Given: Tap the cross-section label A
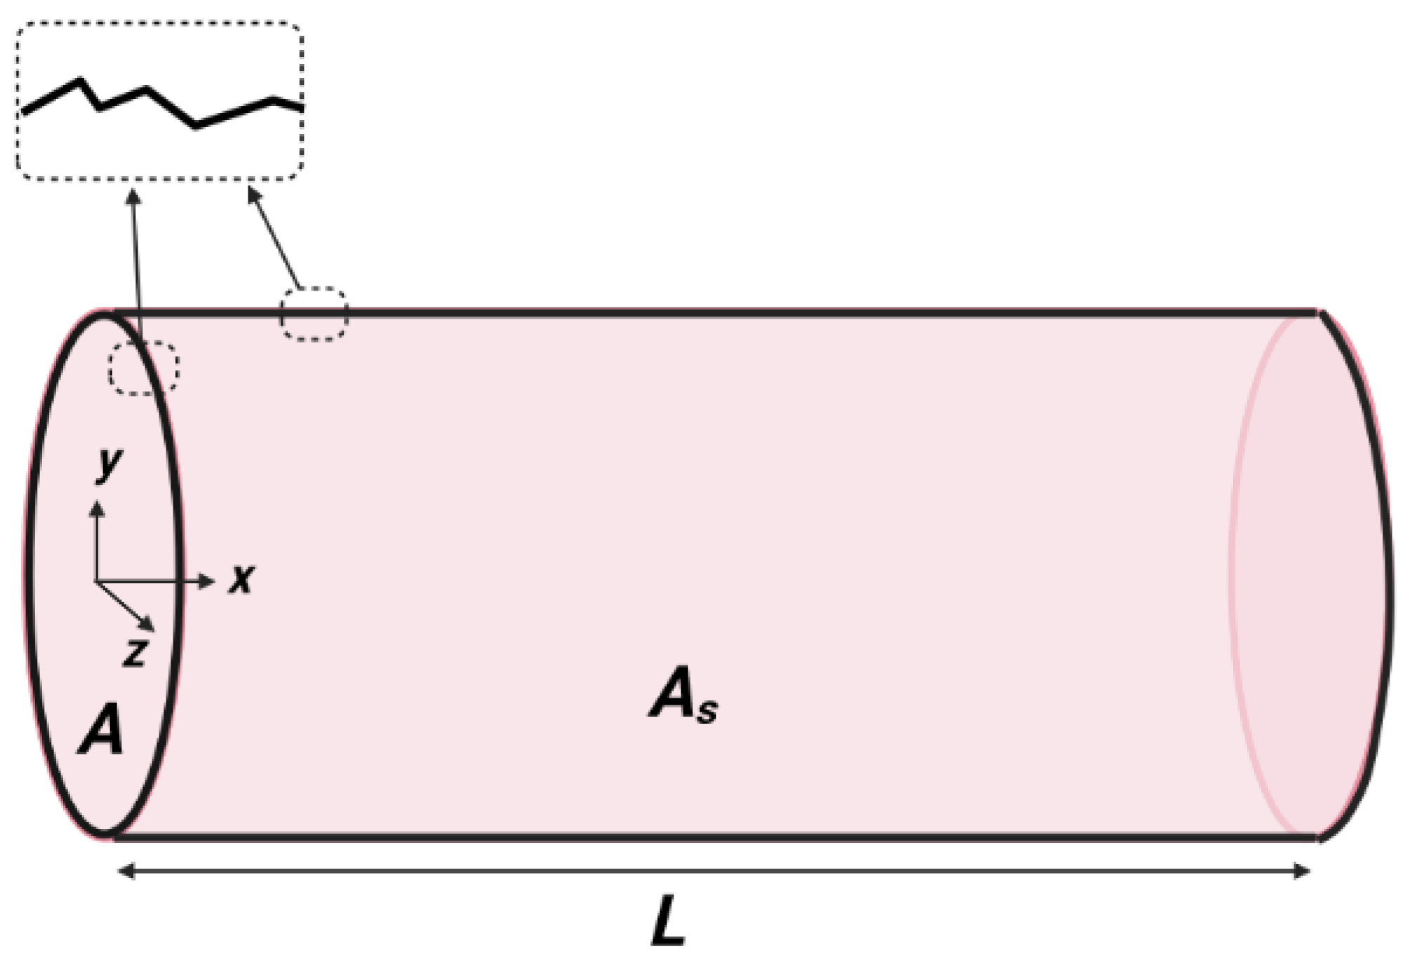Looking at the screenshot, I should (x=102, y=733).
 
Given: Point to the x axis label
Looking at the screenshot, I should (x=241, y=580).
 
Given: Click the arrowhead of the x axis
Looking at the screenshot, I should (x=207, y=580).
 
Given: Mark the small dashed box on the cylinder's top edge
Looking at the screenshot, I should (x=314, y=314).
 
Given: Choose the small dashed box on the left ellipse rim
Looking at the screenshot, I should (x=144, y=368).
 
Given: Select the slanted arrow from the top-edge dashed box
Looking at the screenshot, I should (x=274, y=237).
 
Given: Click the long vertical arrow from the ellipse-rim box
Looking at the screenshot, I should (x=136, y=267).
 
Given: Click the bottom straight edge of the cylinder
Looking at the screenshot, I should (x=702, y=837).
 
